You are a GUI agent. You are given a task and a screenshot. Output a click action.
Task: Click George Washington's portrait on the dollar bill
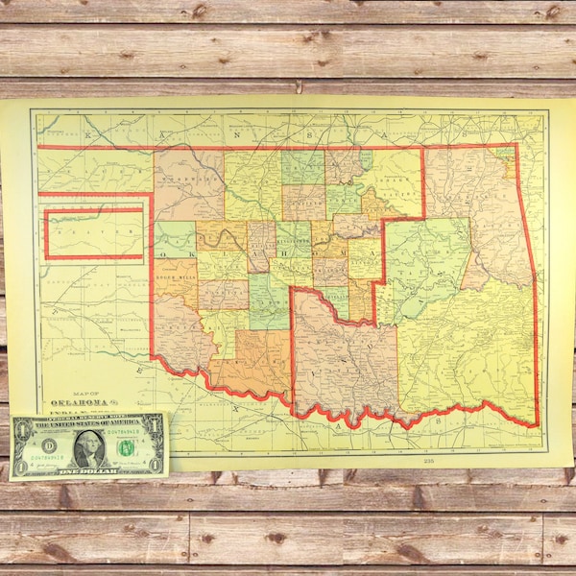coord(88,447)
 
